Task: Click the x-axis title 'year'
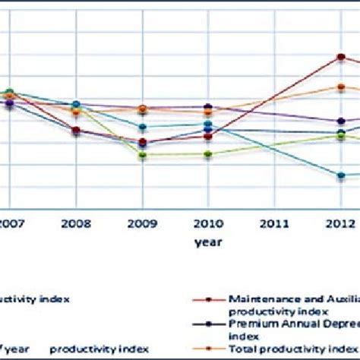(207, 243)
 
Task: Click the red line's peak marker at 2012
(341, 57)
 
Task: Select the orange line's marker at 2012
(341, 87)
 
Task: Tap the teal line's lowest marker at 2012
(341, 175)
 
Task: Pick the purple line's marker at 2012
(341, 121)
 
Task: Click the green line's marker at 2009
(142, 155)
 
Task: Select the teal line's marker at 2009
(142, 127)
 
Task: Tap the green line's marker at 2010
(207, 154)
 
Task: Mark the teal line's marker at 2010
(207, 124)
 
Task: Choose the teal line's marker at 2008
(76, 104)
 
